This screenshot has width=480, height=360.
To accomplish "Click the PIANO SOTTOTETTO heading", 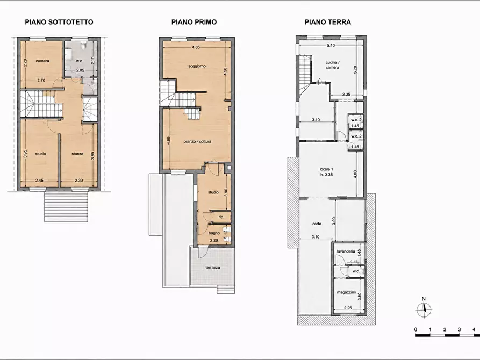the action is point(59,22).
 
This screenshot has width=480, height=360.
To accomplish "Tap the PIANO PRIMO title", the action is point(194,22).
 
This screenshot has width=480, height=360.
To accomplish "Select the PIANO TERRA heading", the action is point(327,22).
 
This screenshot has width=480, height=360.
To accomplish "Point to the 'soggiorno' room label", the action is point(197,66).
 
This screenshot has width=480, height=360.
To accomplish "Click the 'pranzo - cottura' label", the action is point(197,142).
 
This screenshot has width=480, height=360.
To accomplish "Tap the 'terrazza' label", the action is point(213,268).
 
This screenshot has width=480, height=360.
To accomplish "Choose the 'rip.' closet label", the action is point(221,217).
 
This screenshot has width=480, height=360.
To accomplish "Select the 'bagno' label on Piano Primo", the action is point(214,233).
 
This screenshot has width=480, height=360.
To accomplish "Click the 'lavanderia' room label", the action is point(346,251).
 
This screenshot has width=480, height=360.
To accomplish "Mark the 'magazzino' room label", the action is point(347,293).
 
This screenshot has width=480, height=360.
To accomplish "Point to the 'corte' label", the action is point(317,224).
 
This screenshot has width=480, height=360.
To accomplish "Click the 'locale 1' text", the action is point(326,169).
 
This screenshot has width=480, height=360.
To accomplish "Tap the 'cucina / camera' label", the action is point(332,65).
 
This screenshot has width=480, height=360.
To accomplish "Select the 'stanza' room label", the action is point(77,154).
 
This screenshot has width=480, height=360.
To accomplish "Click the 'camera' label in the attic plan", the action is point(42,61).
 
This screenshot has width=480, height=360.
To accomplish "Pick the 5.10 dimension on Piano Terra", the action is point(331,45).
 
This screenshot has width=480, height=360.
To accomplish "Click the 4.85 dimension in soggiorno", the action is point(196,47).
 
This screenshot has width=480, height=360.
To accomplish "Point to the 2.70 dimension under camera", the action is point(41,81).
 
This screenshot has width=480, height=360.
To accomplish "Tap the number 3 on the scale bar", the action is point(460,329).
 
